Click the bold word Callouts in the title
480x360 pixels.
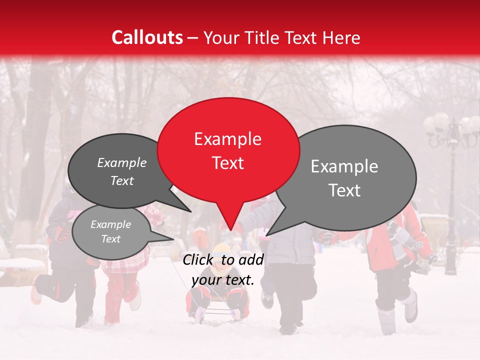[x=147, y=37]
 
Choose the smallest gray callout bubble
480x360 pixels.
[x=111, y=231]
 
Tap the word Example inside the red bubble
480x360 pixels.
[x=227, y=139]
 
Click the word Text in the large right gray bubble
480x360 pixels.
[x=344, y=190]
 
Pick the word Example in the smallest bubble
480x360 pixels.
[x=110, y=224]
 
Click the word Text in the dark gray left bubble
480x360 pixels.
[x=122, y=181]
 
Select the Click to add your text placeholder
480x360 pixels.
[x=223, y=269]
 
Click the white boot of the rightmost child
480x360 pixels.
[x=410, y=306]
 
